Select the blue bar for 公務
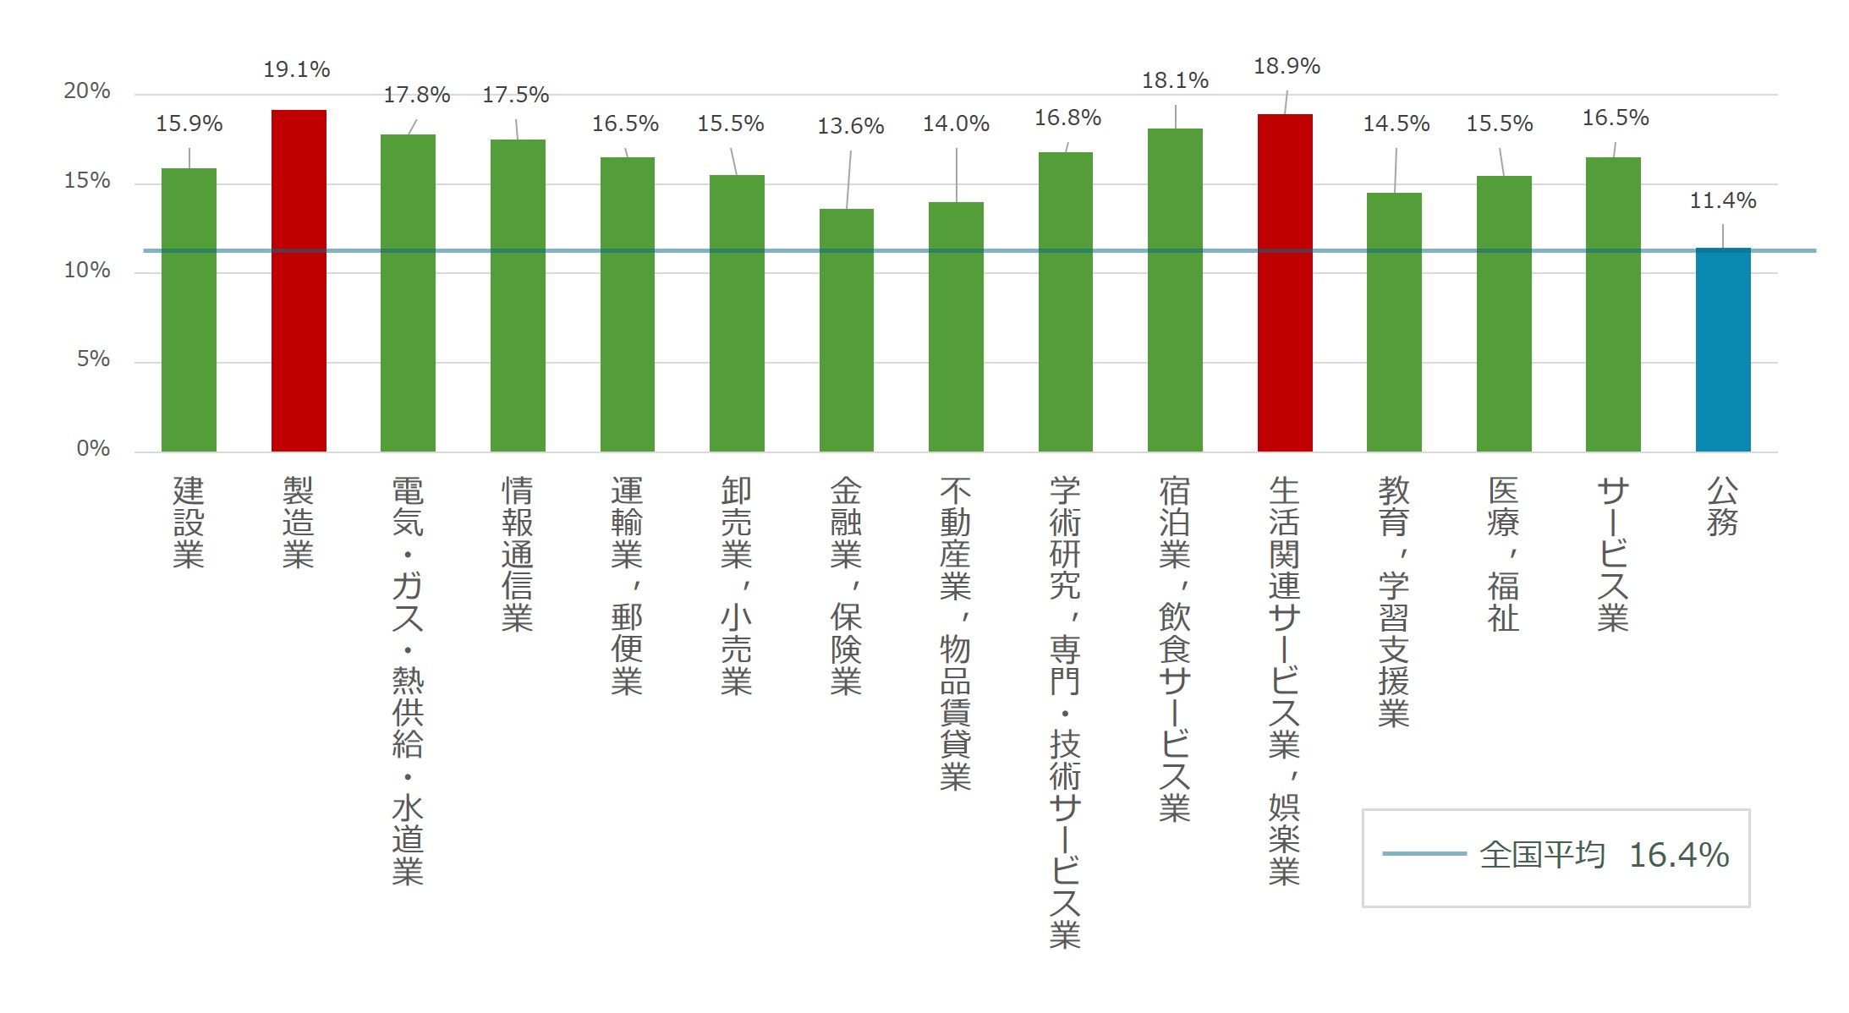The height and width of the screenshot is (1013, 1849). (1723, 350)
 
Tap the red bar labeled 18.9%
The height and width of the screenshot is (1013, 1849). (1285, 282)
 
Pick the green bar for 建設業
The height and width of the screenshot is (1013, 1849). (189, 309)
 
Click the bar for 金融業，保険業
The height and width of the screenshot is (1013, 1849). (847, 330)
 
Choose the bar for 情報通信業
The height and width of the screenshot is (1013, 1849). (518, 295)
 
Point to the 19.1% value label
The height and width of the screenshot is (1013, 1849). (297, 69)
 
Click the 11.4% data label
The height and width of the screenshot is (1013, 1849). (1723, 200)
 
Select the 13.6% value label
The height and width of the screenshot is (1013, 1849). (850, 126)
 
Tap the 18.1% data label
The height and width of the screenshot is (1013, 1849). (1175, 80)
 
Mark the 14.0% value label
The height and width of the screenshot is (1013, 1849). (956, 123)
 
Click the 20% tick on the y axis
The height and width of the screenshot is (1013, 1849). (87, 91)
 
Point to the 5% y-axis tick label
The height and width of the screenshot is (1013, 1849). (94, 359)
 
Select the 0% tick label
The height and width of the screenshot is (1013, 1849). (94, 448)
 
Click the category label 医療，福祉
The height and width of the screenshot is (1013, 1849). (1503, 554)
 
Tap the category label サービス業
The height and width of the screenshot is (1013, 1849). (1613, 554)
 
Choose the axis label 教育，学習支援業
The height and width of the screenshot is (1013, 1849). (1394, 601)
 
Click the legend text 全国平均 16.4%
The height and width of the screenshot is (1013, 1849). (1604, 855)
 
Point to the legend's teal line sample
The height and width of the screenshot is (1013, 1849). (1424, 854)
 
